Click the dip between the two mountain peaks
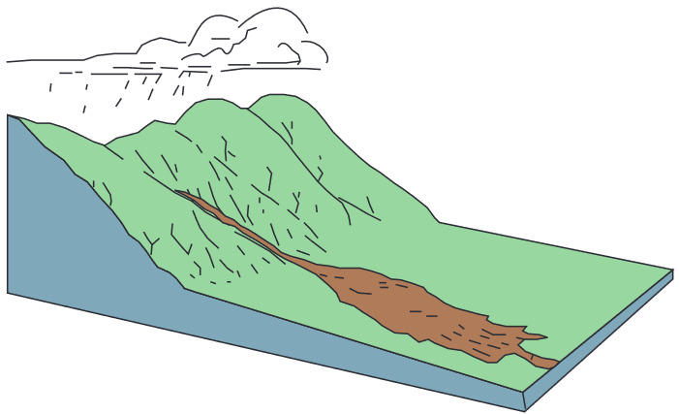click(242, 108)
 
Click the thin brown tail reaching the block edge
click(547, 362)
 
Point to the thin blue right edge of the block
click(601, 339)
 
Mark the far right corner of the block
click(672, 271)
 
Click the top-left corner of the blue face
click(9, 115)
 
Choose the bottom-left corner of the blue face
click(8, 292)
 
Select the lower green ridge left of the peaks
click(126, 145)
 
